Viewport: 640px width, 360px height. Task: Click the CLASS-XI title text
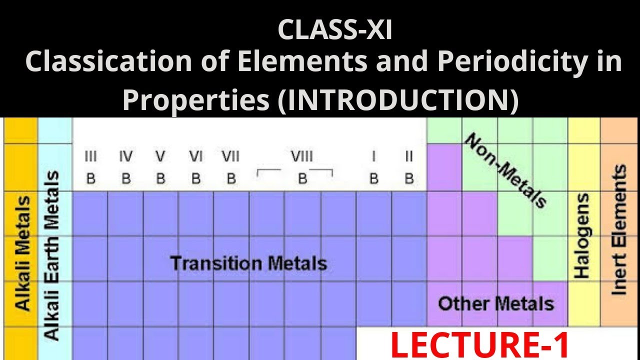pyautogui.click(x=334, y=30)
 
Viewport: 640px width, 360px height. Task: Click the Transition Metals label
pyautogui.click(x=248, y=263)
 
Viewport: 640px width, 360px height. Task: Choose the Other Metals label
pyautogui.click(x=496, y=303)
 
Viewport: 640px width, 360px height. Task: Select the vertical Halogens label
pyautogui.click(x=582, y=235)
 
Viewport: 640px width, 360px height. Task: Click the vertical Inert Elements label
pyautogui.click(x=619, y=230)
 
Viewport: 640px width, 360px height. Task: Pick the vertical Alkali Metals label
pyautogui.click(x=22, y=252)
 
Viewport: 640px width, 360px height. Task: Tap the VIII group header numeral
pyautogui.click(x=301, y=157)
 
